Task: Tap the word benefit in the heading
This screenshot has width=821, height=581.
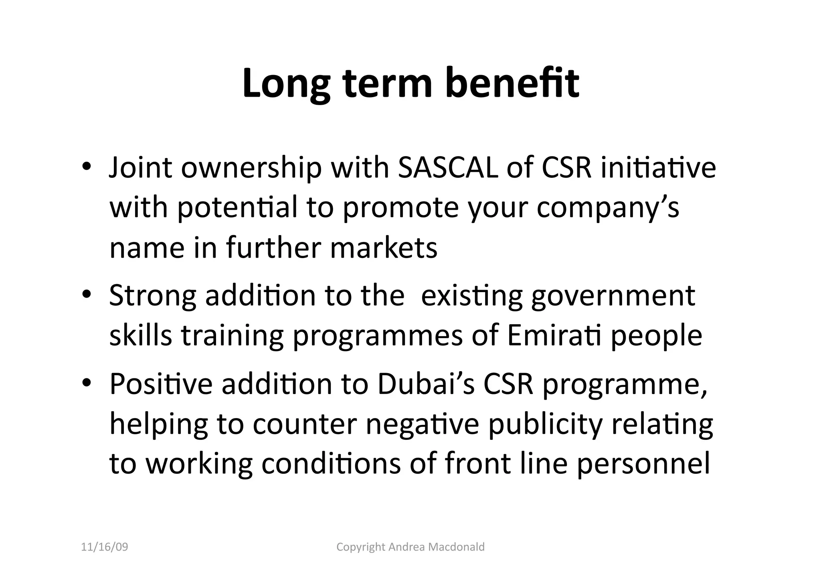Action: pos(512,83)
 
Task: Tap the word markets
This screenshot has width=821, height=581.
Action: pos(384,248)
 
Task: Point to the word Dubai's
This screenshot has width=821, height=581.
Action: pos(426,384)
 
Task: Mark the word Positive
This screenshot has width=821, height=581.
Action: pos(161,384)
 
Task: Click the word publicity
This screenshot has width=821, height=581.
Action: pos(545,425)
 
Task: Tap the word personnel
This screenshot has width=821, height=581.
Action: pos(643,464)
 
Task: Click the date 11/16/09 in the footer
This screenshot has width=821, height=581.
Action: pos(105,547)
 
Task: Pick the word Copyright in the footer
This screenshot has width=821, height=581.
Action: pos(361,547)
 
